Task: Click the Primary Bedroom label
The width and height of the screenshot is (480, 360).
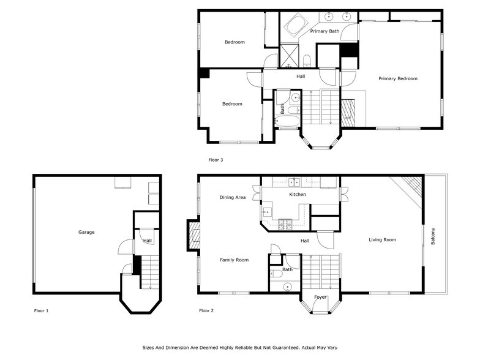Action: tap(397, 78)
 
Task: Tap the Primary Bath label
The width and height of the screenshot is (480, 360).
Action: tap(324, 31)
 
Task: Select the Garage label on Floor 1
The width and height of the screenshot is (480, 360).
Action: tap(86, 232)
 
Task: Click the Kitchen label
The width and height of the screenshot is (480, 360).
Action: tap(298, 195)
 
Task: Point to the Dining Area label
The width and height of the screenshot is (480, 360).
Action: tap(233, 197)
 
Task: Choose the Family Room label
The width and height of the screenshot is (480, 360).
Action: tap(234, 260)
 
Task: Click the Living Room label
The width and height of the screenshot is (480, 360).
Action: tap(382, 240)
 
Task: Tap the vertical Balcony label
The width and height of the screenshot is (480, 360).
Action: tap(433, 237)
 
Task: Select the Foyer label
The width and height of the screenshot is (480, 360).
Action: tap(320, 298)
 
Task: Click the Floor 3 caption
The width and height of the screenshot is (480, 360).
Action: tap(216, 160)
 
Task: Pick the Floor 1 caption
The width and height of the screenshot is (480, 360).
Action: tap(41, 311)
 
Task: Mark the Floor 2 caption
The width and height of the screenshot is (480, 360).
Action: tap(206, 311)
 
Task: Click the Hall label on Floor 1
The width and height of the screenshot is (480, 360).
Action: tap(148, 241)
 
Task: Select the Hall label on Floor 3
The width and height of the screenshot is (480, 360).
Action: tap(301, 77)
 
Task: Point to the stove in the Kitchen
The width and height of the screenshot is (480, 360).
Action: tap(285, 223)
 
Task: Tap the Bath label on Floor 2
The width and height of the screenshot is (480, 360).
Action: tap(287, 269)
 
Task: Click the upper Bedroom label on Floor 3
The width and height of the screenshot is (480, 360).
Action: tap(234, 42)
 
